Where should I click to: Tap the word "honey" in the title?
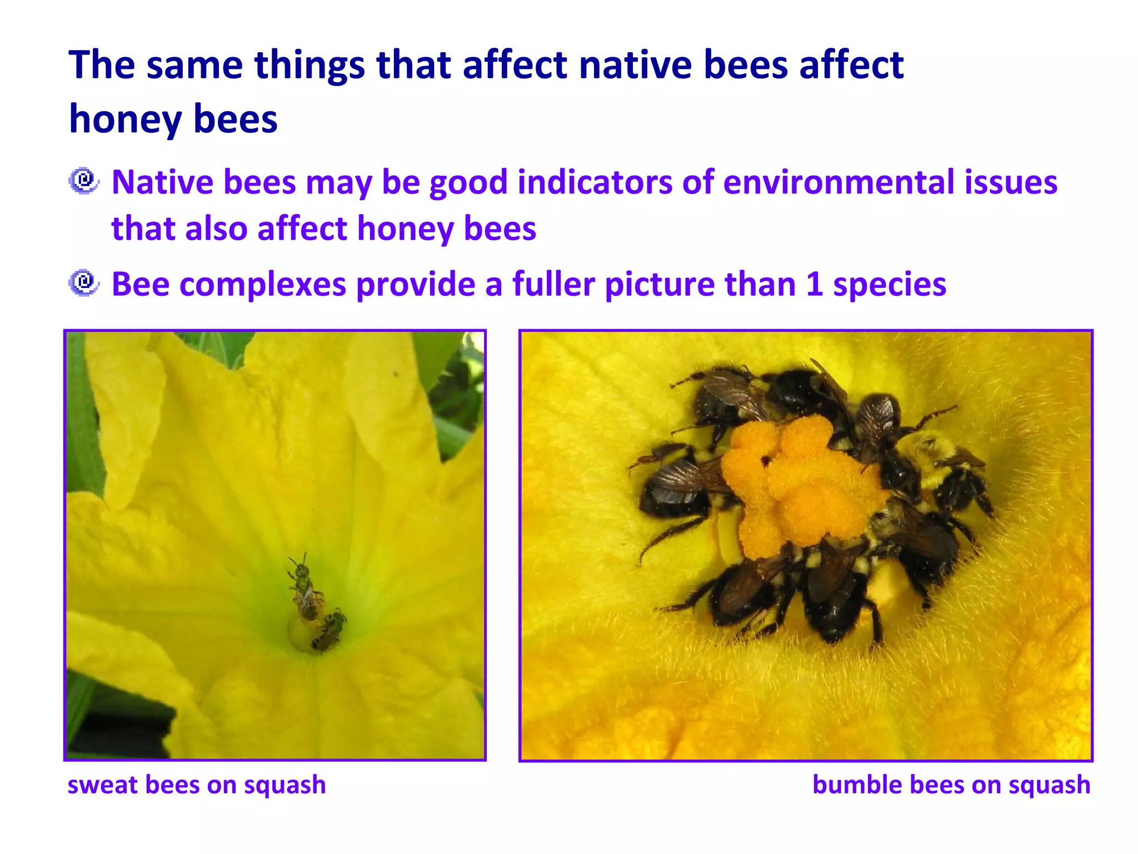125,120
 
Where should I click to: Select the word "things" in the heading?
309,65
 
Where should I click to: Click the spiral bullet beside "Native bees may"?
84,181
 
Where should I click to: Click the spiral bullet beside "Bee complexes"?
84,283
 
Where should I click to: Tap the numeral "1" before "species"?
814,284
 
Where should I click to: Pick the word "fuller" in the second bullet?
553,284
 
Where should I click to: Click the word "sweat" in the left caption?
102,785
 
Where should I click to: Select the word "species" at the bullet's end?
890,285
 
